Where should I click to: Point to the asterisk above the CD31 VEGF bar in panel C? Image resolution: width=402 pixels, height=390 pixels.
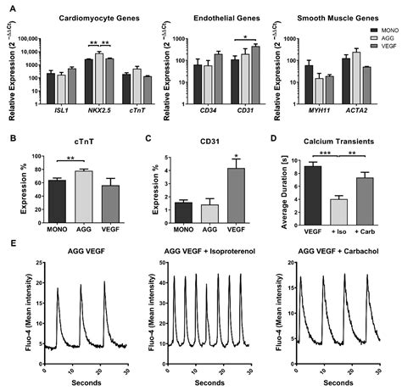click(x=218, y=153)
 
